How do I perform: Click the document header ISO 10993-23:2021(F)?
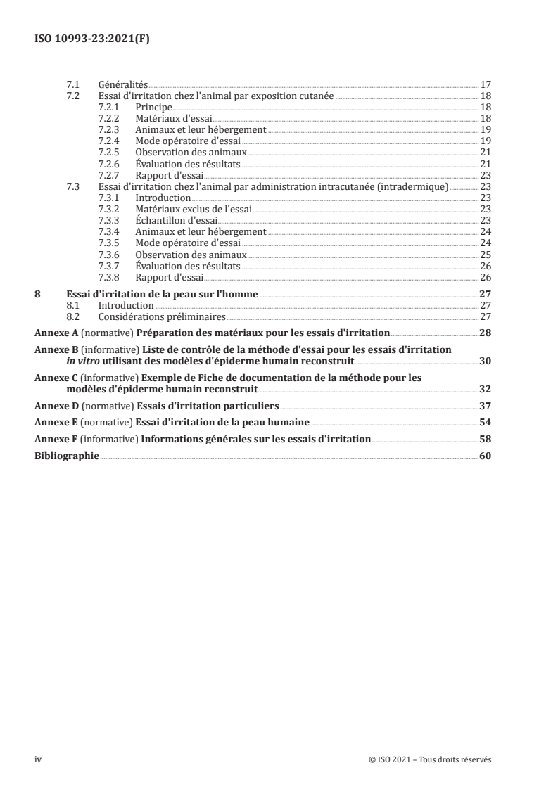pos(92,39)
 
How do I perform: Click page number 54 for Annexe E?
pos(485,423)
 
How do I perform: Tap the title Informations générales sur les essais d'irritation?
pos(255,440)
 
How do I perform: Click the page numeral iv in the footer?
pos(39,759)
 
